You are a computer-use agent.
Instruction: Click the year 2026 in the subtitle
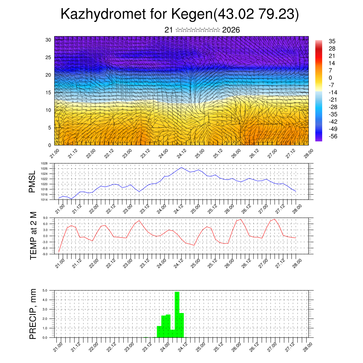(x=231, y=30)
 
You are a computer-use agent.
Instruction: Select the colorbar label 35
(x=332, y=41)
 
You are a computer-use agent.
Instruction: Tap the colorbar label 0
(x=330, y=78)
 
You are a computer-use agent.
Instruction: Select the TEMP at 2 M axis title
(x=33, y=236)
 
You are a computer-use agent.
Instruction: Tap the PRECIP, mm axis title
(x=33, y=313)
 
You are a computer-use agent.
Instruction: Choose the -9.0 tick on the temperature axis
(x=45, y=254)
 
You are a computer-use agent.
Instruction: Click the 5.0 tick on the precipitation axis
(x=45, y=290)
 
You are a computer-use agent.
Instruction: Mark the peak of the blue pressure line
(x=181, y=167)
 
